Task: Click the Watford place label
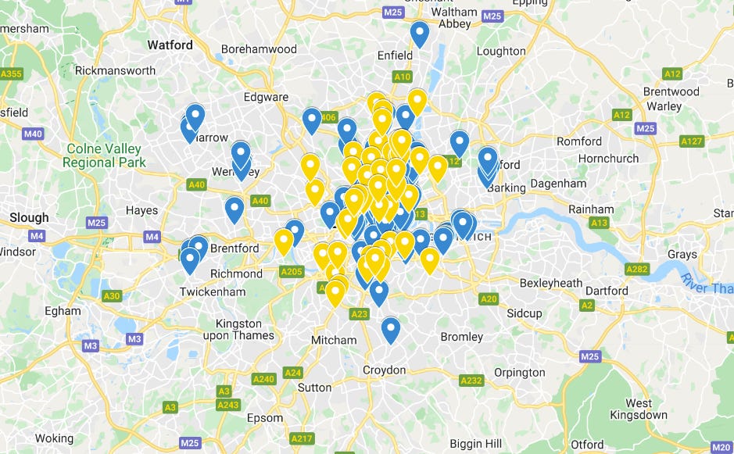point(170,45)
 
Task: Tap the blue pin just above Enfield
point(420,34)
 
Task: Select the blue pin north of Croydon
point(391,330)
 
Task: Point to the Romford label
point(579,141)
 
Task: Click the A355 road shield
point(12,74)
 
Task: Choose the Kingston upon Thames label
point(238,329)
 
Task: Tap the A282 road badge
point(637,269)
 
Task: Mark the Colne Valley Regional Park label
point(104,156)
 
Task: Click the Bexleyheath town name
point(551,282)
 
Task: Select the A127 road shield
point(692,141)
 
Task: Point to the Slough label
point(28,217)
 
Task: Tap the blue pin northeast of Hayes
point(234,209)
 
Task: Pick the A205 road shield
point(291,271)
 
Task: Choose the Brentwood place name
point(671,91)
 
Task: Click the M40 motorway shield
point(33,134)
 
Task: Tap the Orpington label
point(519,373)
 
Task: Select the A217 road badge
point(302,439)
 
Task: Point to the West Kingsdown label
point(639,408)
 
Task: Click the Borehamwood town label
point(259,48)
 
